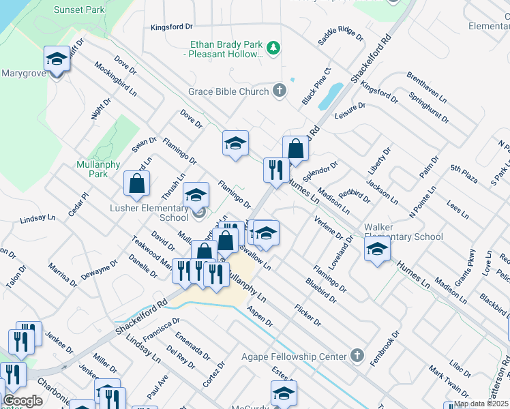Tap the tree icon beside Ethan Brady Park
[273, 47]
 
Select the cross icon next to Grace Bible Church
[279, 90]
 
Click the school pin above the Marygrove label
[57, 60]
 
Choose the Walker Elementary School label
[404, 232]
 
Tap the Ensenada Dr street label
[192, 346]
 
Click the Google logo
[22, 401]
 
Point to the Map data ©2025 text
[481, 404]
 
